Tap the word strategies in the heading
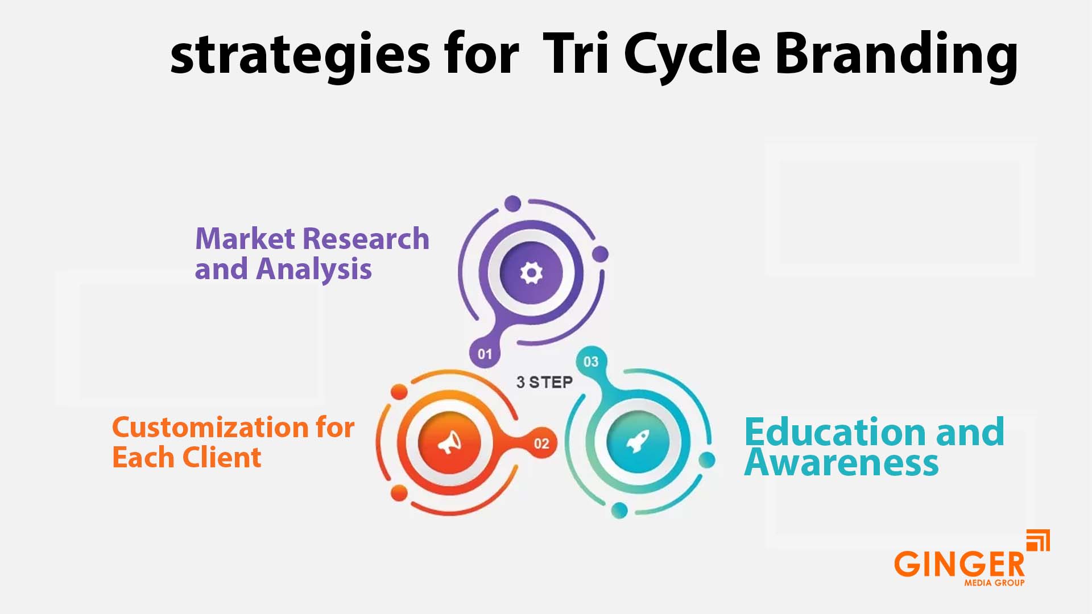pos(300,55)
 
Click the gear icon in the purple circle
pos(531,273)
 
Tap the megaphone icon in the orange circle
pos(449,442)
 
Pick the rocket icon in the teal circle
pos(638,441)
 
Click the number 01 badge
pos(485,354)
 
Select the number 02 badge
pos(541,443)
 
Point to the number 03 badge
pos(591,362)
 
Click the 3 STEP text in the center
pos(544,382)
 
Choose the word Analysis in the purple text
pos(314,269)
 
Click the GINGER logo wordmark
pos(959,564)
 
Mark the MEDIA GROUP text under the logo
pos(994,583)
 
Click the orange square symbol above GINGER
pos(1038,540)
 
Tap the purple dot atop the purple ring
pos(512,203)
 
